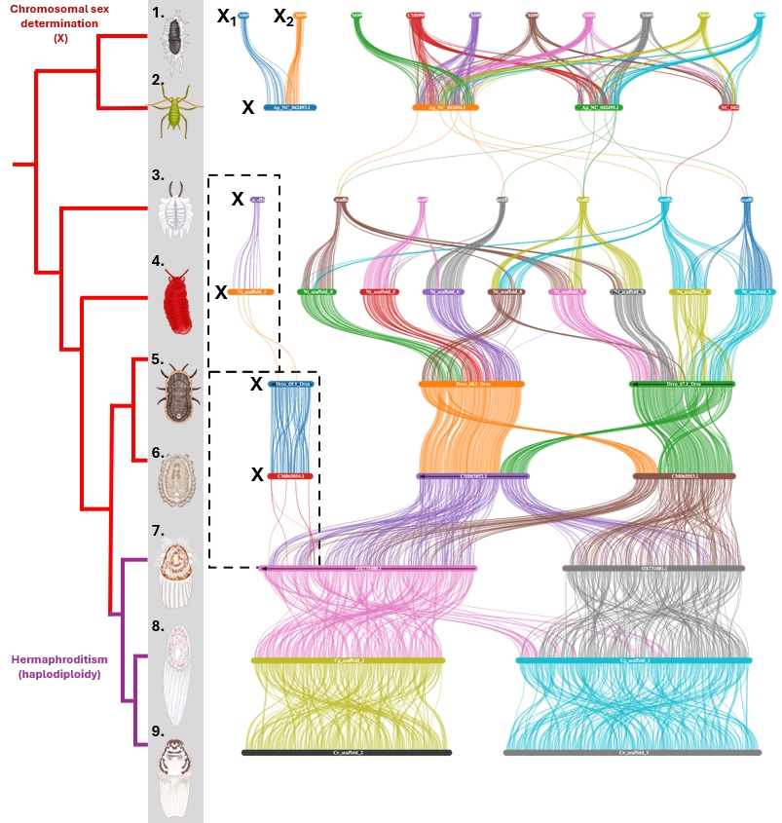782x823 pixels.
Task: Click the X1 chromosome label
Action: tap(226, 17)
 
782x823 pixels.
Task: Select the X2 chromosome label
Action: tap(282, 17)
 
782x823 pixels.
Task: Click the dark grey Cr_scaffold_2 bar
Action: tap(347, 752)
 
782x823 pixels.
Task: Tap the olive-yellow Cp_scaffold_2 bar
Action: tap(348, 660)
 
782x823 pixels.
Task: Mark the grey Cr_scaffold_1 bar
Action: tap(632, 752)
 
